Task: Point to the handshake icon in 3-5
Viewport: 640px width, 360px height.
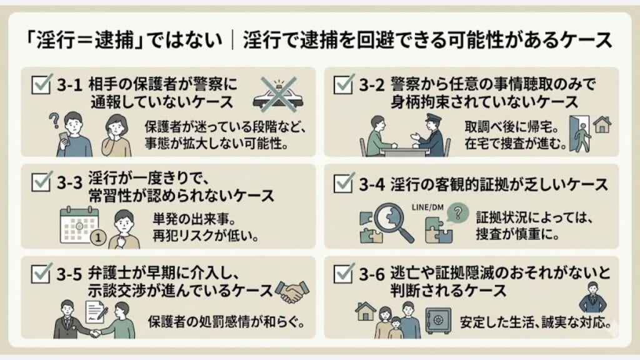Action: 291,291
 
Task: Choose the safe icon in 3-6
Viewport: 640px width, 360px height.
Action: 438,320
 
